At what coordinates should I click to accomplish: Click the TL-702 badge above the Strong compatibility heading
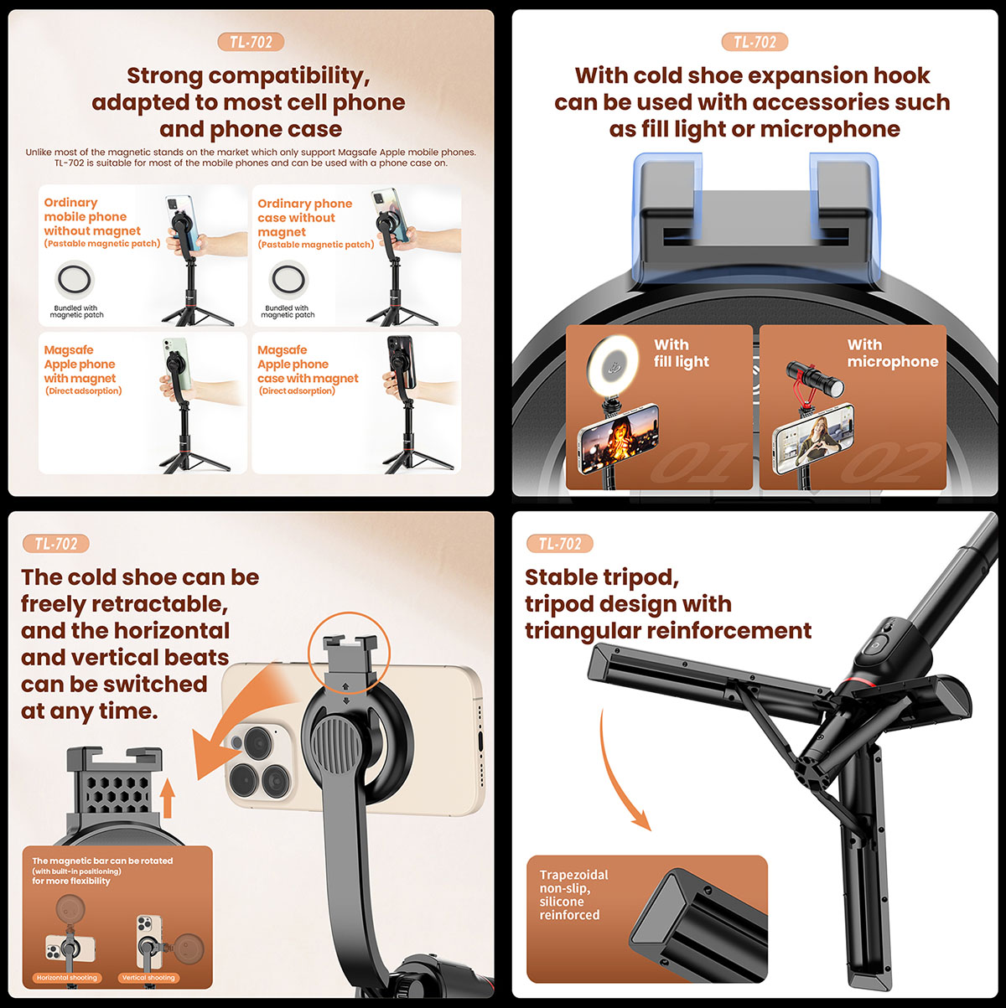coord(251,42)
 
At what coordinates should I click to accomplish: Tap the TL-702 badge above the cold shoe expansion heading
coord(754,42)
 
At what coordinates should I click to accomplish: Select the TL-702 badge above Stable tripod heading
coord(559,544)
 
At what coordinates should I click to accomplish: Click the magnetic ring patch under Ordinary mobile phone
coord(75,279)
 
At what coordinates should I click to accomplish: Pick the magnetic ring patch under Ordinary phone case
coord(288,279)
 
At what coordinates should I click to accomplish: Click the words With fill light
coord(681,353)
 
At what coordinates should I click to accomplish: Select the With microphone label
coord(893,353)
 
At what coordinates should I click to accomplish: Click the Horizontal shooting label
coord(66,977)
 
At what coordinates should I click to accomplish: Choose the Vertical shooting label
coord(148,977)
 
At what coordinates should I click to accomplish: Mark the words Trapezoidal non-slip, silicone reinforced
coord(573,895)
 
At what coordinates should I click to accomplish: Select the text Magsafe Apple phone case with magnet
coord(308,364)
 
